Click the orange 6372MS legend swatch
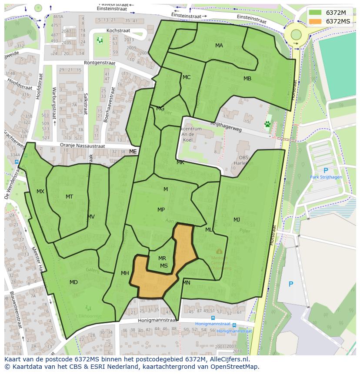click(316, 21)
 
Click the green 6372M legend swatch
click(316, 12)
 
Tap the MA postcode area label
click(219, 46)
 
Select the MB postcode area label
click(247, 79)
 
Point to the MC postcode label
click(187, 77)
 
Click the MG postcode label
click(160, 109)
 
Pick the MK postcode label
click(180, 162)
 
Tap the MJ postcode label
click(237, 219)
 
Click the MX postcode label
click(40, 192)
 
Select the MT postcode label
click(70, 197)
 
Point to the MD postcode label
click(74, 282)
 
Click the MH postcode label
click(125, 273)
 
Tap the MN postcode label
click(187, 283)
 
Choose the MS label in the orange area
click(164, 266)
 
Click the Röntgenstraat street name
click(100, 63)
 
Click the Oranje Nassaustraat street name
click(83, 146)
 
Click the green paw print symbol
click(267, 124)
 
